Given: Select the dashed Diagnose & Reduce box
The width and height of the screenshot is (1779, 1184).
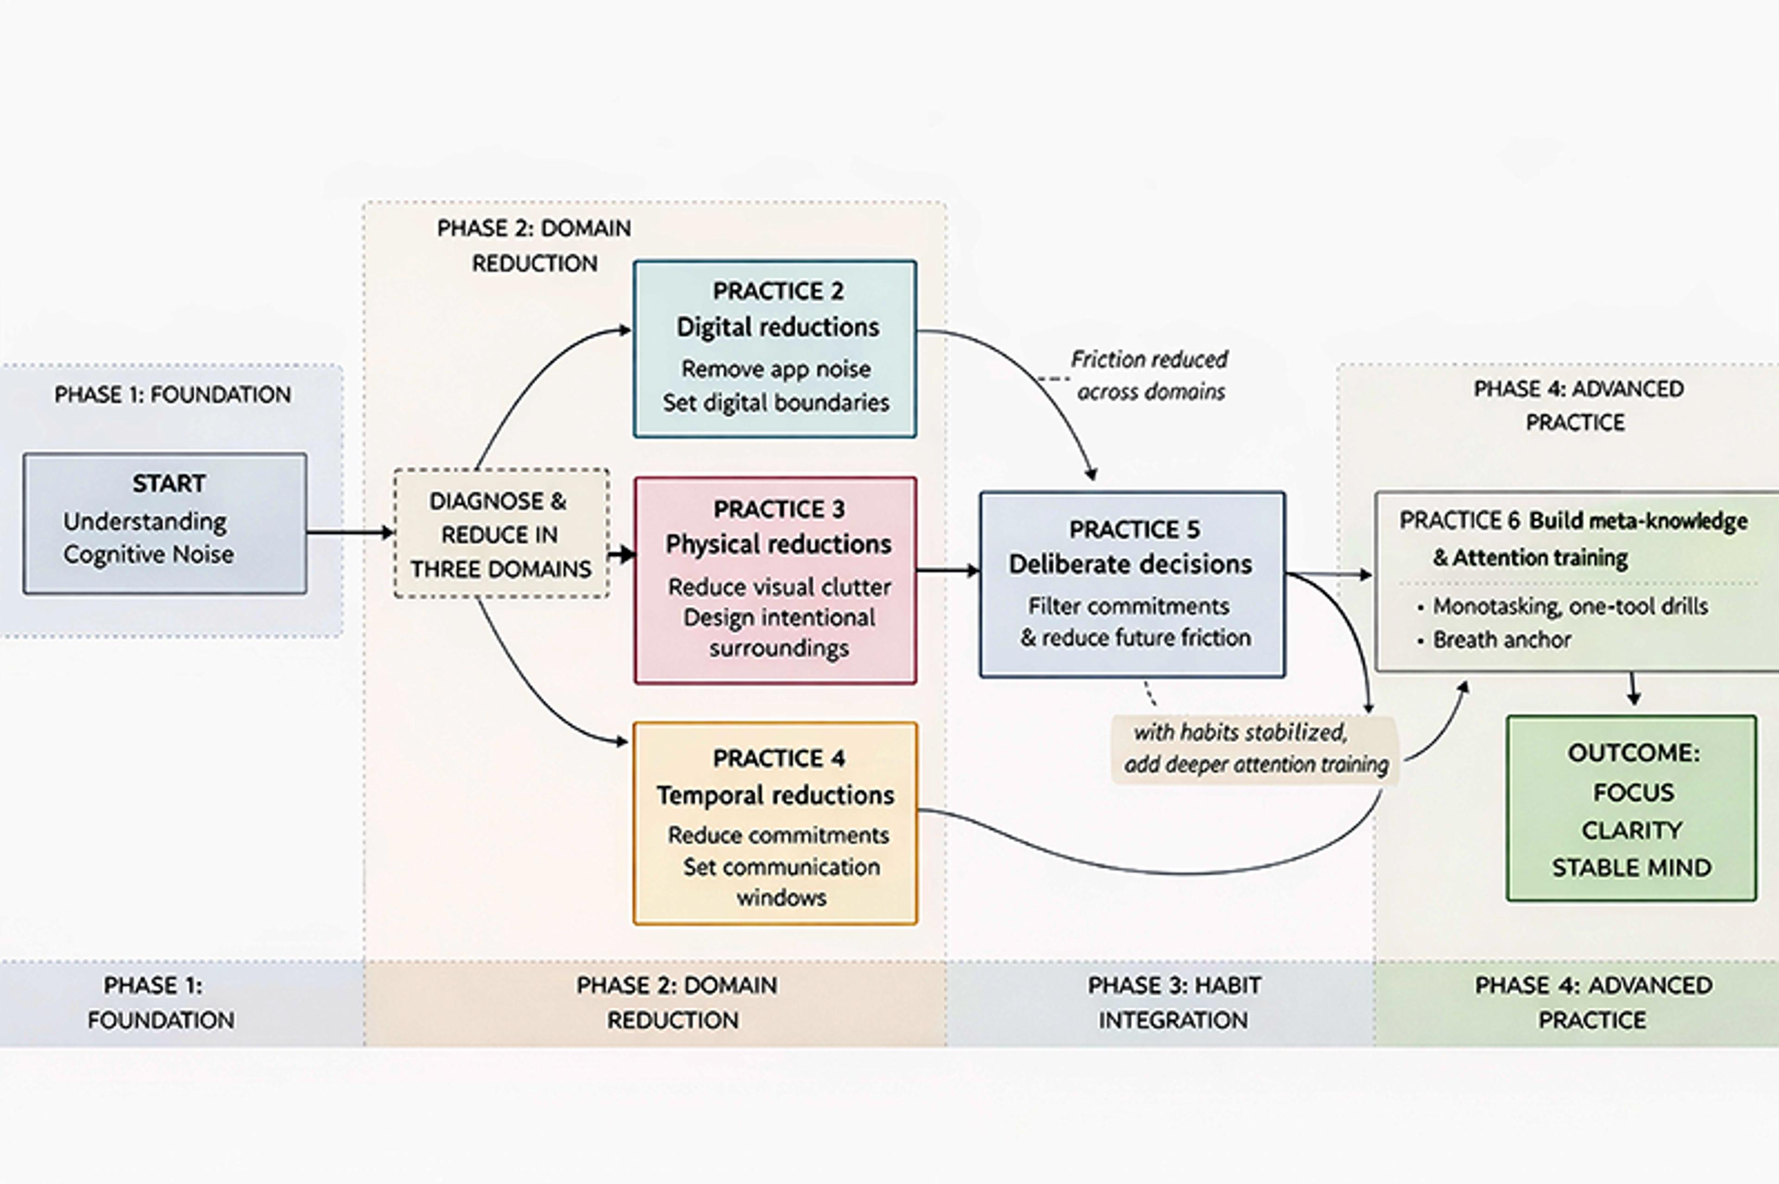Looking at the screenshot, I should coord(501,534).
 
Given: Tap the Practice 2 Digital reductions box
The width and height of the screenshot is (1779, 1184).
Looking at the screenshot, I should coord(775,348).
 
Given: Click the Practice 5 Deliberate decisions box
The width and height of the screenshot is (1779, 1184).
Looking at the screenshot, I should coord(1132,584).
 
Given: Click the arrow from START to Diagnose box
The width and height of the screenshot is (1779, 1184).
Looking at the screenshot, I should coord(349,532).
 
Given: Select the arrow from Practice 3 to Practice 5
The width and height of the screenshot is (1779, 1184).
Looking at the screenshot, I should coord(947,570).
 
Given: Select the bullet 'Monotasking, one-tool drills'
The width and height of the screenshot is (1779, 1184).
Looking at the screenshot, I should coord(1569,606).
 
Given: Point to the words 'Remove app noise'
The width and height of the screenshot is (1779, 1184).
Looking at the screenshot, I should coord(776,369).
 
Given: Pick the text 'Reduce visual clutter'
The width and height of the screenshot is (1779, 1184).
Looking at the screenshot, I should coord(779,587).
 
